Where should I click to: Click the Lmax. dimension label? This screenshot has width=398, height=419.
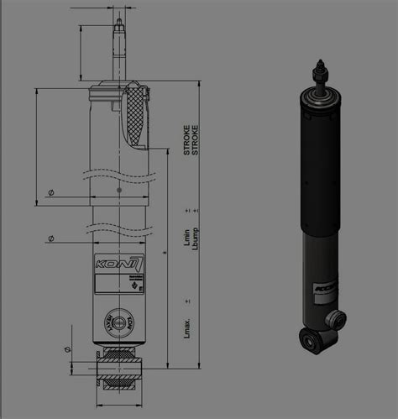(186, 326)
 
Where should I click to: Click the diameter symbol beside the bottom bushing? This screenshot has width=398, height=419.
(68, 348)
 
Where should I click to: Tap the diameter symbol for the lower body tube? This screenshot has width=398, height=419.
(51, 239)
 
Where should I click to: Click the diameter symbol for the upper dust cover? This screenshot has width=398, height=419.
(51, 193)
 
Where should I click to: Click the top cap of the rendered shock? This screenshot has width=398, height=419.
(319, 95)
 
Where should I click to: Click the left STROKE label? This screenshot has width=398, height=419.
(186, 139)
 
